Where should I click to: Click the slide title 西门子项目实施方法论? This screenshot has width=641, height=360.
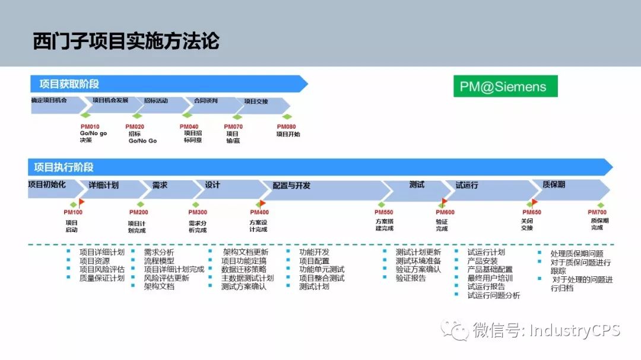tap(126, 42)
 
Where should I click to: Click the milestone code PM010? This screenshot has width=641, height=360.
tap(90, 127)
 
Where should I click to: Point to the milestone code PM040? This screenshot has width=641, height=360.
tap(189, 127)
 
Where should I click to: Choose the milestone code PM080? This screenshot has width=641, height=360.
tap(286, 127)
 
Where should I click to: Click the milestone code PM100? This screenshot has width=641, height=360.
tap(73, 212)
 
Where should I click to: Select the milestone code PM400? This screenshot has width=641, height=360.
tap(259, 212)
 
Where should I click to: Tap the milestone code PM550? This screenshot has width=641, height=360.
tap(383, 212)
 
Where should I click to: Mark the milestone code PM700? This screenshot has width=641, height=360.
tap(597, 212)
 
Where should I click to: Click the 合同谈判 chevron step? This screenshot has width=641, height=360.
tap(206, 101)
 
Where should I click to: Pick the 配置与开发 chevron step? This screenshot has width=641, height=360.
tap(291, 186)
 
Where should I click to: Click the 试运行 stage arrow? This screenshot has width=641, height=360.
tap(467, 185)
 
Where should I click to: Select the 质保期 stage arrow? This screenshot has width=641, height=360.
tap(554, 184)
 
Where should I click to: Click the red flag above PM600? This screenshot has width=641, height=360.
tap(445, 202)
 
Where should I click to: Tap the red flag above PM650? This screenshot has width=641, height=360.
tap(534, 202)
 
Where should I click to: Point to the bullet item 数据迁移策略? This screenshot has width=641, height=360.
tap(244, 269)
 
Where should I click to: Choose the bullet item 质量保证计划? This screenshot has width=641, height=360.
tap(102, 278)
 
